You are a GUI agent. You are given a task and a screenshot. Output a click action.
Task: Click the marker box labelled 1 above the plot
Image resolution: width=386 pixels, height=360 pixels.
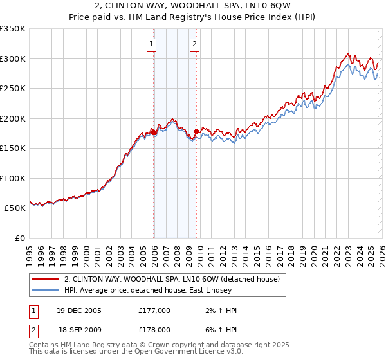tap(151, 44)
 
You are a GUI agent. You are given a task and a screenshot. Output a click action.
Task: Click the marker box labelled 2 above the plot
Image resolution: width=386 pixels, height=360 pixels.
tap(194, 44)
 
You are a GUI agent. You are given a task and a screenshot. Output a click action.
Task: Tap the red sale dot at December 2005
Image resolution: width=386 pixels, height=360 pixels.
tap(154, 132)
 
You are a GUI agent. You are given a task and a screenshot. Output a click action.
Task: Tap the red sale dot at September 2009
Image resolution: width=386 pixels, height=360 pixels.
tap(196, 131)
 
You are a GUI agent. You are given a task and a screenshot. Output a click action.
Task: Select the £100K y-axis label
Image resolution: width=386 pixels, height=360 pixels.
tap(13, 178)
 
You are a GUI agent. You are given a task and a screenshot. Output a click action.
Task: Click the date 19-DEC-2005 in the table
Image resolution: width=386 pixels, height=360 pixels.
tap(78, 310)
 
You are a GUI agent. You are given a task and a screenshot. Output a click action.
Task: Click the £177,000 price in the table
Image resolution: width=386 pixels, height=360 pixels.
tap(154, 310)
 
